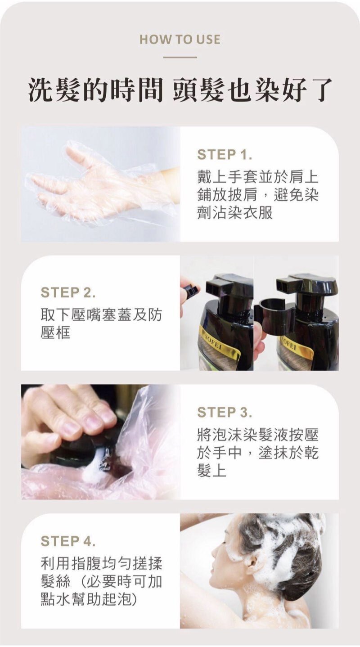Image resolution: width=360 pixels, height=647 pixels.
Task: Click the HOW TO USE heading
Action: (x=180, y=40)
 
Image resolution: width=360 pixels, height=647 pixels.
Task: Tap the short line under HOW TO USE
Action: (x=180, y=57)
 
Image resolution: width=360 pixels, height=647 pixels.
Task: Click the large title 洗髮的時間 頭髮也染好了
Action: (x=180, y=90)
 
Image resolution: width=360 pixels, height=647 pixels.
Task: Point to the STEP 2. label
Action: (x=68, y=292)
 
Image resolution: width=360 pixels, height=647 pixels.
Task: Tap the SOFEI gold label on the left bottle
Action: (x=220, y=345)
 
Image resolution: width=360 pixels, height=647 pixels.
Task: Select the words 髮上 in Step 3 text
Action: (x=212, y=472)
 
